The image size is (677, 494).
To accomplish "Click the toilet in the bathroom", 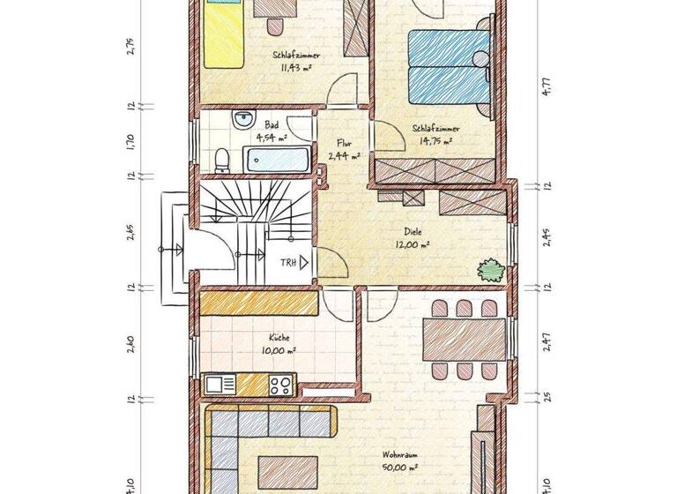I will (x=222, y=160).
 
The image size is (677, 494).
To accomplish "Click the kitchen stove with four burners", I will (x=281, y=385).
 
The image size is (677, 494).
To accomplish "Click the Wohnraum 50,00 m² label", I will (x=398, y=462).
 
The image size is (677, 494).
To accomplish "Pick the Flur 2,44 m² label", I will (x=344, y=149).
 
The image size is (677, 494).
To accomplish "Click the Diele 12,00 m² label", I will (x=412, y=239).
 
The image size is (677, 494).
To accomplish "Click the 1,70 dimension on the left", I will (x=130, y=141).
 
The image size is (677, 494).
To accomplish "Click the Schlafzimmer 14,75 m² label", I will (x=432, y=133).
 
